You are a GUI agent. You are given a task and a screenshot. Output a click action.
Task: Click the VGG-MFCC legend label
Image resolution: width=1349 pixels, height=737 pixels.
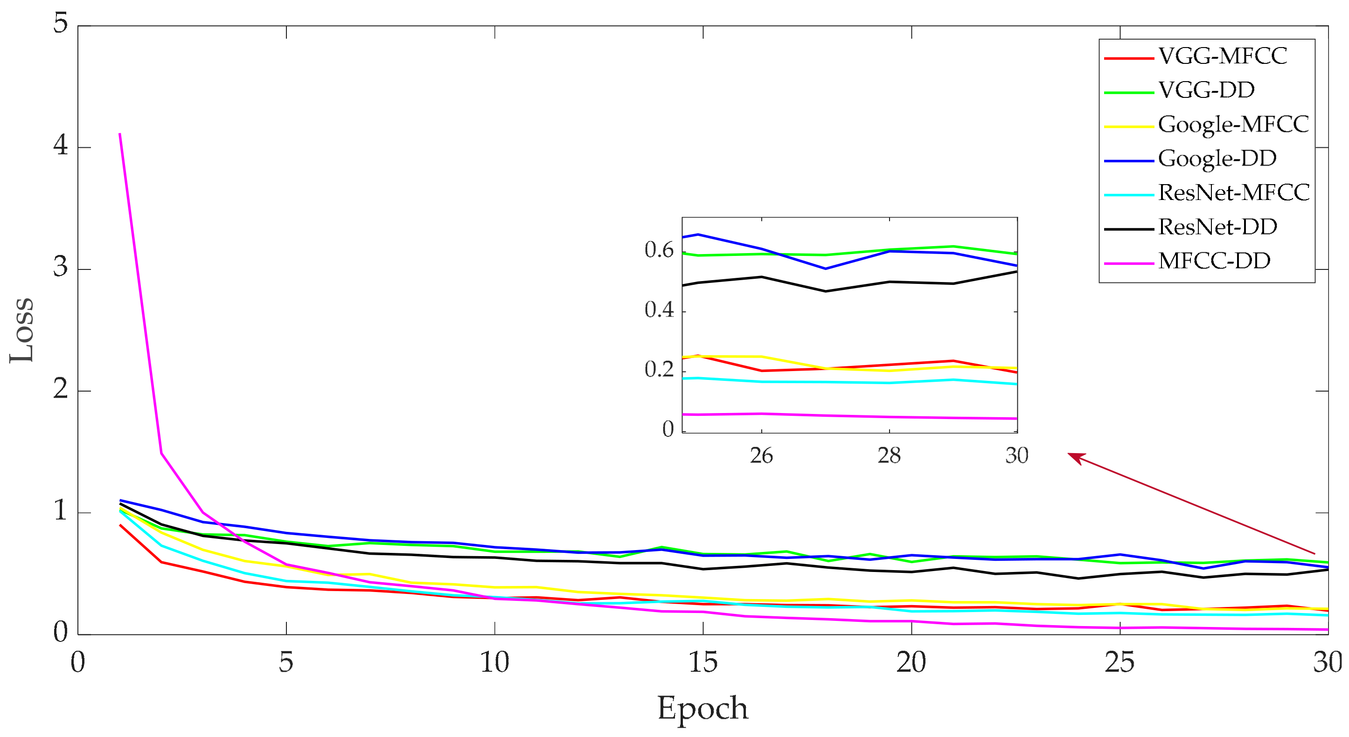tap(1222, 56)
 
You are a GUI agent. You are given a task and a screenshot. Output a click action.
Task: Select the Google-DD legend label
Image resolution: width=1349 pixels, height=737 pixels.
tap(1217, 158)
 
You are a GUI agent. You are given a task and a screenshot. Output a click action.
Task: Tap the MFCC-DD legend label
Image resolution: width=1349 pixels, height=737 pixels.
tap(1214, 261)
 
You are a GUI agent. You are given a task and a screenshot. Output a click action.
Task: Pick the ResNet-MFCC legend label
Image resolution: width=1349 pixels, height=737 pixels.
tap(1233, 193)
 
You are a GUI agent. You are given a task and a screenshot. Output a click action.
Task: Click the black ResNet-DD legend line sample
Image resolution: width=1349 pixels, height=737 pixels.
tap(1128, 229)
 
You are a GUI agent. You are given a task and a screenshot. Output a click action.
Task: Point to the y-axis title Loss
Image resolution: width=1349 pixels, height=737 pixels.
tap(22, 330)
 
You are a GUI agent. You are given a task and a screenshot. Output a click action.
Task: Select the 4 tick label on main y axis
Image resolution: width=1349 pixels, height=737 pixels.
tap(61, 145)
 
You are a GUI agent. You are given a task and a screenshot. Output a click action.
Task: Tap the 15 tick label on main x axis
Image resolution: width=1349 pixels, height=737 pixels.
tap(703, 663)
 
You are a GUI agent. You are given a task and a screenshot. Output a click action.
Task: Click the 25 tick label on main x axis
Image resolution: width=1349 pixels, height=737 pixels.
tap(1120, 663)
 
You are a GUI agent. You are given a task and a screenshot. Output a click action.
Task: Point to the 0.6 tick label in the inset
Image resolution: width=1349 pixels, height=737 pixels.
tap(659, 250)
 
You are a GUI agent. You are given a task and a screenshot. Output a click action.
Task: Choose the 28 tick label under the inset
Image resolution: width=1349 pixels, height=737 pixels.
tap(889, 456)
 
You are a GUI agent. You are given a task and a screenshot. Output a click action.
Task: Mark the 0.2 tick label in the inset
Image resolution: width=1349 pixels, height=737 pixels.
tap(659, 370)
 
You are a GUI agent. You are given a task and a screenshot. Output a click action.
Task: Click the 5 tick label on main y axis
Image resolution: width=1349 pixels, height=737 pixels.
tap(61, 24)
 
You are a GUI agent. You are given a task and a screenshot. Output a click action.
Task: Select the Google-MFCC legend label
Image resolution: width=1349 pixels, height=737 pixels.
tap(1233, 124)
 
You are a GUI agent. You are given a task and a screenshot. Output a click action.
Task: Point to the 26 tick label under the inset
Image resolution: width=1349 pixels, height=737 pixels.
tap(761, 456)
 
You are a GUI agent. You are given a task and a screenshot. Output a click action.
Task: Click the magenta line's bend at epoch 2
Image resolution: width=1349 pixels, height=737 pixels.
tap(161, 453)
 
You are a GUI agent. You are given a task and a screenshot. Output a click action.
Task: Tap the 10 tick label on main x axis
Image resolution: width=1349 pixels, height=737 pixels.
tap(494, 663)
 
